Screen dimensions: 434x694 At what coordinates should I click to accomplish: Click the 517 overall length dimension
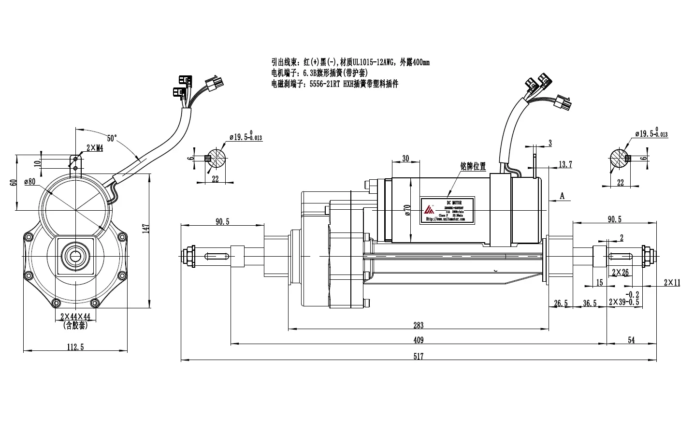point(419,357)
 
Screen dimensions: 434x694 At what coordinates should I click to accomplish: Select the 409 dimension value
point(419,340)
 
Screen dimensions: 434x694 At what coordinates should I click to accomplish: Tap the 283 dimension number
point(419,325)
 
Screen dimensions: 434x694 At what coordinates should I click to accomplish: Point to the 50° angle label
point(112,138)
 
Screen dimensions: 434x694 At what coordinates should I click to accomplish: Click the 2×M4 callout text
point(94,148)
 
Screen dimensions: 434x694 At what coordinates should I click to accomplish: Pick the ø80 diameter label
point(30,182)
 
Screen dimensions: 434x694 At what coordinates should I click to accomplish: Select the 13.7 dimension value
point(565,165)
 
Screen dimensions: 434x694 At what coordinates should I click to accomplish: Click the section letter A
point(562,196)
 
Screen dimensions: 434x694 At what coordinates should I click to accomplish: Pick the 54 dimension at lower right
point(631,340)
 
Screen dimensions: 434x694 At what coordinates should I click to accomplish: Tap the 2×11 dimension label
point(672,283)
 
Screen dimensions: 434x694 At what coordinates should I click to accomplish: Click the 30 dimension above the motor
point(405,158)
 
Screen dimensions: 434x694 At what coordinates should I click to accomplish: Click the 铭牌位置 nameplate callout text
point(473,166)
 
